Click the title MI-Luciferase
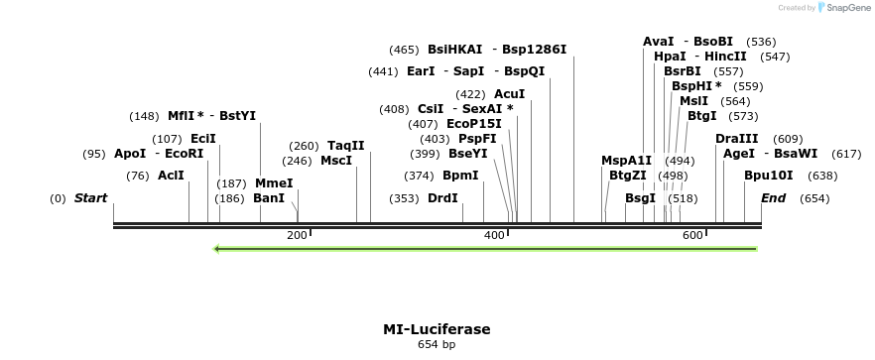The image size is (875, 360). (x=437, y=329)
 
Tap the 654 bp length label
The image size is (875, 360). (x=437, y=345)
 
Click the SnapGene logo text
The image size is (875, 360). (x=845, y=8)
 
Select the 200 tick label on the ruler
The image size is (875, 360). (x=297, y=235)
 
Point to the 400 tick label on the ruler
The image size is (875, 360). (x=494, y=235)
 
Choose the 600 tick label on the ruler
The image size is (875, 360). (x=691, y=235)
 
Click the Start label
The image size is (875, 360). (x=90, y=198)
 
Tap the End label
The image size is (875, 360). (x=773, y=198)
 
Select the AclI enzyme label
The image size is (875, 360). (x=171, y=176)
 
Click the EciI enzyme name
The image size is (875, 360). (x=202, y=139)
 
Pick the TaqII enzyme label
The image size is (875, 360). (x=346, y=146)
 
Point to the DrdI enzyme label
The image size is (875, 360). (x=442, y=198)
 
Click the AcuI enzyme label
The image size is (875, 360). (x=509, y=94)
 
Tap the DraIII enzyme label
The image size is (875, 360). (x=736, y=139)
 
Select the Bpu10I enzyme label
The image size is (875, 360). (x=763, y=176)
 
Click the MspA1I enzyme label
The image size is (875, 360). (x=627, y=161)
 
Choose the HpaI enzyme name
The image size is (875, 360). (x=670, y=57)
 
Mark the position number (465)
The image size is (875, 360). (x=404, y=50)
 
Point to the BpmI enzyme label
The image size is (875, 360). (x=460, y=176)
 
